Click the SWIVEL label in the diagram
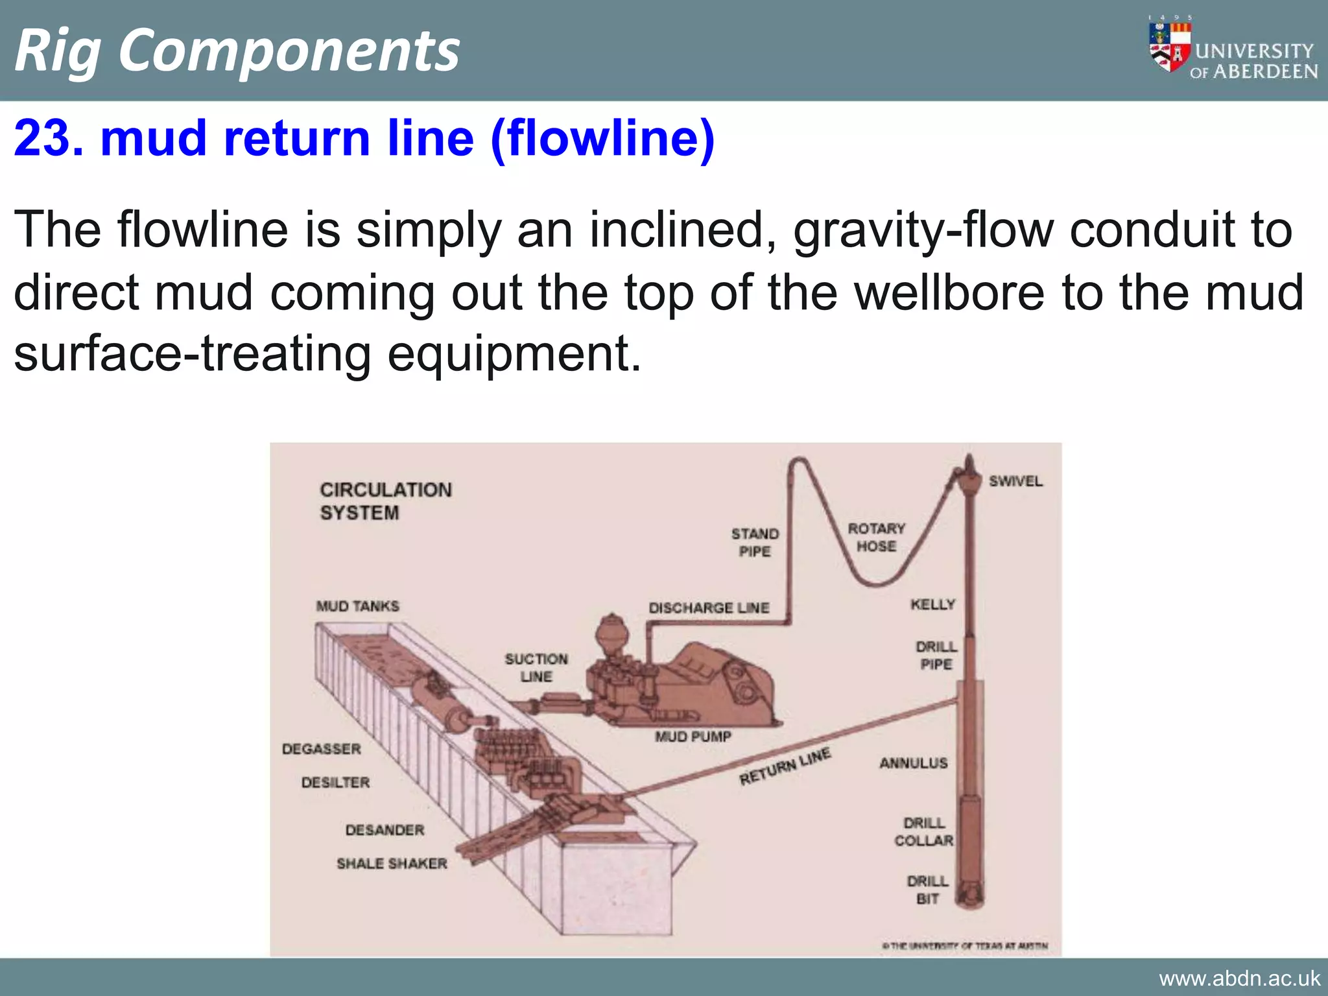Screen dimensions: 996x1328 click(1015, 481)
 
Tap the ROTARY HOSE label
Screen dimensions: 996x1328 click(876, 538)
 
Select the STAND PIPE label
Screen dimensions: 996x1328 click(755, 542)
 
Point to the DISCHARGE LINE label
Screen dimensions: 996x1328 click(709, 608)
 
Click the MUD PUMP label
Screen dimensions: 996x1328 click(693, 737)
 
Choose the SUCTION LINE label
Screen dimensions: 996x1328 click(536, 668)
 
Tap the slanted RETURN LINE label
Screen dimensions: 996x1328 click(785, 766)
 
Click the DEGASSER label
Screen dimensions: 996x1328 click(322, 749)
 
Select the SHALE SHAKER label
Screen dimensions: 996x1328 click(392, 864)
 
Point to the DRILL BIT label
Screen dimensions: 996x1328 click(927, 890)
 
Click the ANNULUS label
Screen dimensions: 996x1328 click(913, 763)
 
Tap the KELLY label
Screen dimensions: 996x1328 click(932, 604)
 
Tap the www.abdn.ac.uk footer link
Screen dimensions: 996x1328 click(1239, 978)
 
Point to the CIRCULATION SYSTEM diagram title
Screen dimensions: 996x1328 click(385, 501)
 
